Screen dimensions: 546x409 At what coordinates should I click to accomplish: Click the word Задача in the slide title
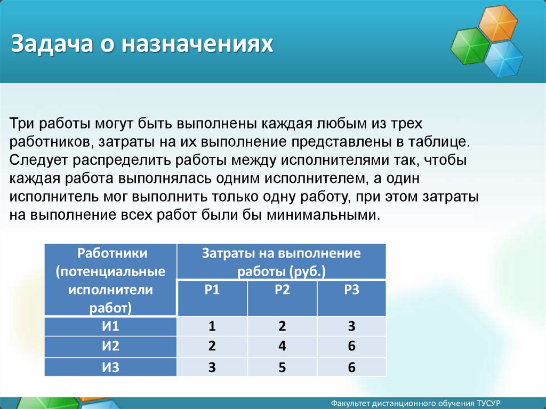point(52,44)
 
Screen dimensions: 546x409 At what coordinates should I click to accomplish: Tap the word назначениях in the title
point(197,44)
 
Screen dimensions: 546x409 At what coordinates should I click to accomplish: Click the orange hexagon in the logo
point(497,22)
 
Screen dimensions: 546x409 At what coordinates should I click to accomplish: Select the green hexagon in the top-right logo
point(470,46)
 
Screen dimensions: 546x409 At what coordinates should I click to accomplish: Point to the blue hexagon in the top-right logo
point(503,58)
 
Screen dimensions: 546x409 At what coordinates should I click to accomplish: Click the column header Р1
point(212,290)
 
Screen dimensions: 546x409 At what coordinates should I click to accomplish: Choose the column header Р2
point(282,290)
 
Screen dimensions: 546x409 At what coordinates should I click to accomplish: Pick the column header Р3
point(352,290)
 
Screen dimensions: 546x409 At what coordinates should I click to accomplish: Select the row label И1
point(110,326)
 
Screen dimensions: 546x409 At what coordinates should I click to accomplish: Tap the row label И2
point(110,346)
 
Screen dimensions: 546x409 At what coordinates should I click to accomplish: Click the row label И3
point(110,367)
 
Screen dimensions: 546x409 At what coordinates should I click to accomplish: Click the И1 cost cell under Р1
point(212,326)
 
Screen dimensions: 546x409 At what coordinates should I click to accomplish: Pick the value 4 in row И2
point(282,346)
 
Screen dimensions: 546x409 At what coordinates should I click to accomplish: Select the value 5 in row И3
point(282,367)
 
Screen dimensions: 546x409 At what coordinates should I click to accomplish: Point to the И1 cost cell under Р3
point(352,326)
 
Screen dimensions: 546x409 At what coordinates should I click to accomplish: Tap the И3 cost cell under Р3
point(352,367)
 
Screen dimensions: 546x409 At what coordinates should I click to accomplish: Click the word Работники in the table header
point(112,253)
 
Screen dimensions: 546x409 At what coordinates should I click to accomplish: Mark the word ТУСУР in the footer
point(488,404)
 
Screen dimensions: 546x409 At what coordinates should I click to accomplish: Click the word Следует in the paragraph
point(38,161)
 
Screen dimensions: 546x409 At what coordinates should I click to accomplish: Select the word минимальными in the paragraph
point(322,215)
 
